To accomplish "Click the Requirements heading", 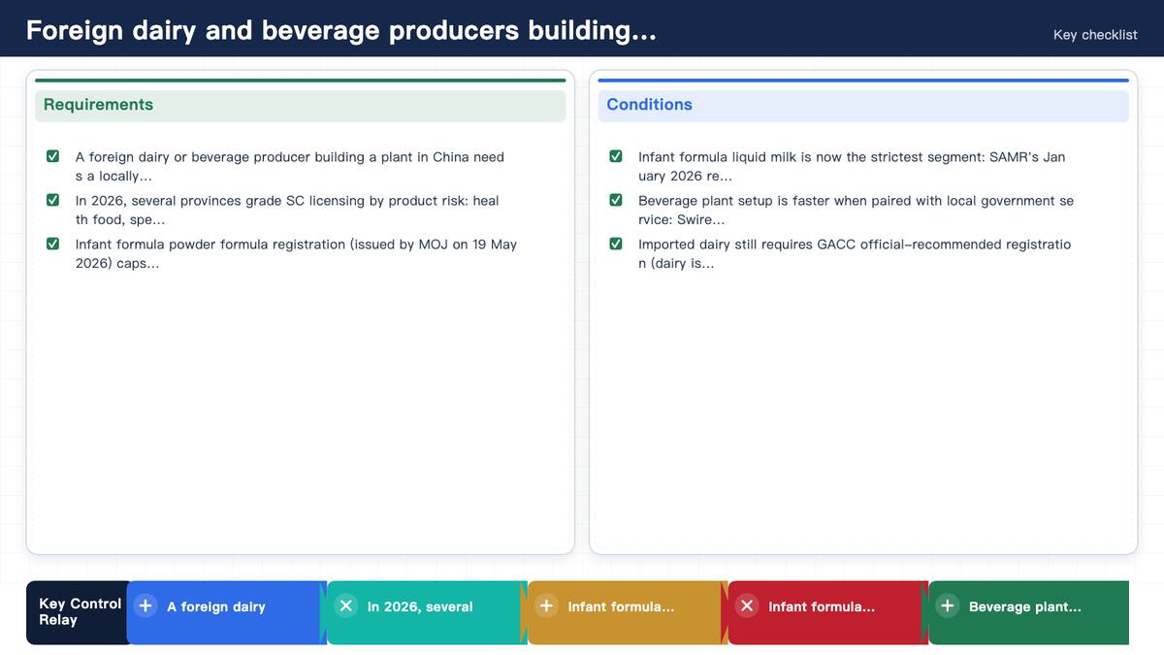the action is pos(98,105).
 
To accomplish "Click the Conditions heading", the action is pos(649,105).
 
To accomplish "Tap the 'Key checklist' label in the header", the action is pos(1095,35).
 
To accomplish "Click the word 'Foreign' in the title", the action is pos(75,31).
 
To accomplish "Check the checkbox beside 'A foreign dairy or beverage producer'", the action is pos(52,156).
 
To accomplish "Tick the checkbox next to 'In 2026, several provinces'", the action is pos(52,200).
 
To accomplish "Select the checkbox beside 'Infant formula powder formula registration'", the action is pos(52,244).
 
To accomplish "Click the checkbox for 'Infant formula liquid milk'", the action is pos(616,156).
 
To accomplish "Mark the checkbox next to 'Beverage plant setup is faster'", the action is pos(616,200).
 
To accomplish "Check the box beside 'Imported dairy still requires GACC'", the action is pos(616,244).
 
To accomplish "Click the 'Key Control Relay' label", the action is pos(80,612).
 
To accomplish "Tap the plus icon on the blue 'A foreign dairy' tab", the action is pos(145,606).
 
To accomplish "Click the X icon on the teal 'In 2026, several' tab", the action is pos(346,606).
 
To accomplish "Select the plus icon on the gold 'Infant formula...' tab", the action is pos(547,606).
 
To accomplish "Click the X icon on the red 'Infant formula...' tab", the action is pos(747,606).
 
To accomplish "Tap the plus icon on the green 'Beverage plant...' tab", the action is pos(948,606).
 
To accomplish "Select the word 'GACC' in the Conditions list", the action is pos(836,245).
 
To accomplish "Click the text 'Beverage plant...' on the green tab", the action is pos(1024,606).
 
